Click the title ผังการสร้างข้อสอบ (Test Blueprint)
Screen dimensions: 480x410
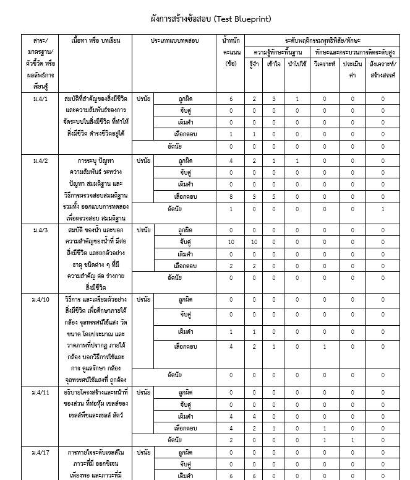(211, 19)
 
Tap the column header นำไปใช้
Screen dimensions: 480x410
(297, 64)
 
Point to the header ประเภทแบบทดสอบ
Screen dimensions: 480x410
(175, 40)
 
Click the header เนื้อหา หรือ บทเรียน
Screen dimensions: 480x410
(96, 40)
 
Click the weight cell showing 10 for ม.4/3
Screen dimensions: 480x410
(231, 242)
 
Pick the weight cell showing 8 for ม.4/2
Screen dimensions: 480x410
(231, 196)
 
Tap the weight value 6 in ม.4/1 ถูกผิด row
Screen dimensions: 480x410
(231, 99)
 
